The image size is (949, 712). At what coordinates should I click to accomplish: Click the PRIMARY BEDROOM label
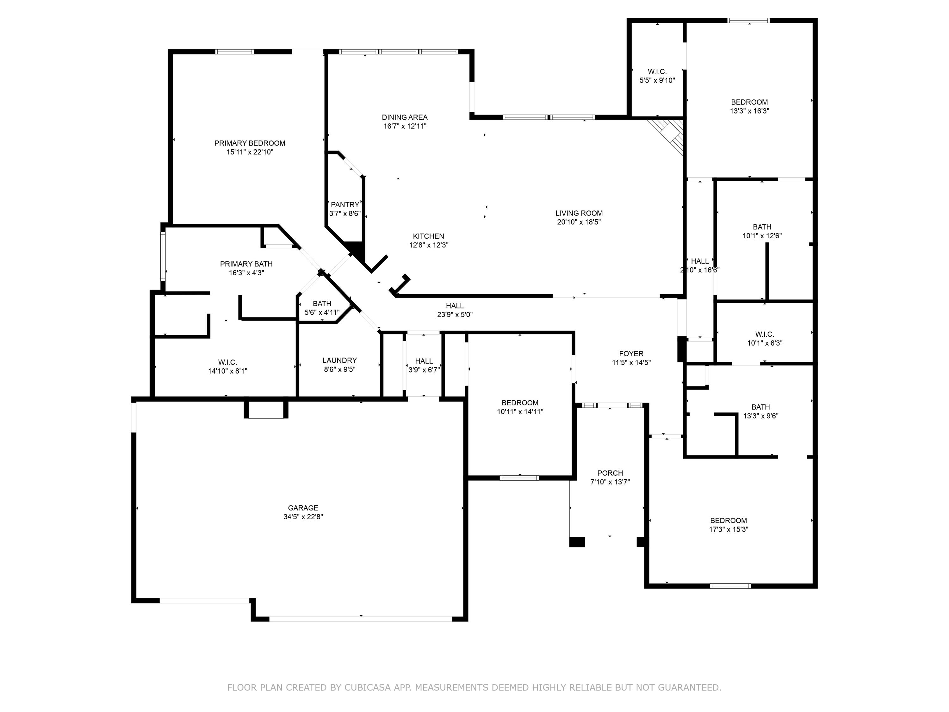[x=250, y=143]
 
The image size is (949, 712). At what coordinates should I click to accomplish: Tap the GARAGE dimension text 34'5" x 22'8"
[x=303, y=517]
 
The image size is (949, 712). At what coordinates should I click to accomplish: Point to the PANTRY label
[x=344, y=205]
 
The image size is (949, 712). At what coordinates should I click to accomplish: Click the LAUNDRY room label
[x=339, y=360]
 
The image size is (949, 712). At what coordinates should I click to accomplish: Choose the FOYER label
[x=631, y=354]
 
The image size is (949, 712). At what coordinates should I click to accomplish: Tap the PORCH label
[x=610, y=473]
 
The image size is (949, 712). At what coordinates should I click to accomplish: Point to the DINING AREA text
[x=405, y=117]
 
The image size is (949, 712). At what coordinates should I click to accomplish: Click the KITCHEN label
[x=428, y=236]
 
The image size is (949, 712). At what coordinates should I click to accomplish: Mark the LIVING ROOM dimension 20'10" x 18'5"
[x=579, y=222]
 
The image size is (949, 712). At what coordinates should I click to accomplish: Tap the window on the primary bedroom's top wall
[x=234, y=52]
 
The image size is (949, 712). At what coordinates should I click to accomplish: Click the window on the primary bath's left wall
[x=163, y=256]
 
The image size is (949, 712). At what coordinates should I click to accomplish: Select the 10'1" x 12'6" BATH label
[x=762, y=227]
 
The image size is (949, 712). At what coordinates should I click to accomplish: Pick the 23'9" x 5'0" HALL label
[x=455, y=306]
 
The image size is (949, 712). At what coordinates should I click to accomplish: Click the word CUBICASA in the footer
[x=367, y=688]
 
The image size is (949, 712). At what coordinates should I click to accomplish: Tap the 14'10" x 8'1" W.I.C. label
[x=227, y=363]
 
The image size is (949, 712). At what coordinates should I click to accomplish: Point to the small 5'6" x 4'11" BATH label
[x=322, y=304]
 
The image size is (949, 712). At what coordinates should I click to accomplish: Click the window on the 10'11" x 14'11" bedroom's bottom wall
[x=519, y=478]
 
